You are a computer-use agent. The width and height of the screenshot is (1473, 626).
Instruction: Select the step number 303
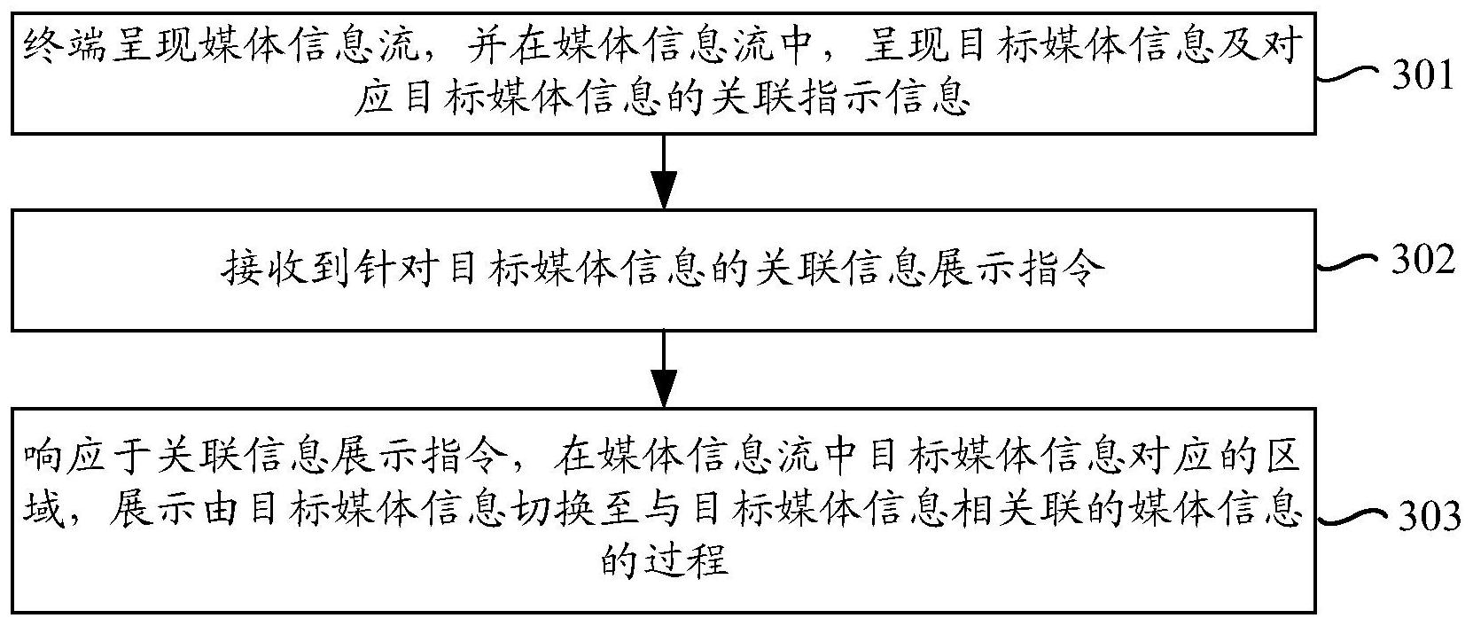pyautogui.click(x=1429, y=516)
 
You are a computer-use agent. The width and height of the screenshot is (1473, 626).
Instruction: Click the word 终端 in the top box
pyautogui.click(x=65, y=46)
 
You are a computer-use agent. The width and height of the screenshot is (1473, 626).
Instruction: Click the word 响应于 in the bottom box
pyautogui.click(x=85, y=455)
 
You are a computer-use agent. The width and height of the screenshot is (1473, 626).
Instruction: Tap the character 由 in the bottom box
pyautogui.click(x=218, y=511)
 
